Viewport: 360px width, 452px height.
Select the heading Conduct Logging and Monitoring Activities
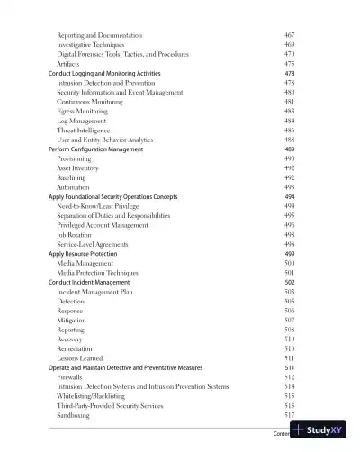(x=104, y=73)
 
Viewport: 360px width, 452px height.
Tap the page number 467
(x=289, y=34)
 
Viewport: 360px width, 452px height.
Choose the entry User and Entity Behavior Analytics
(x=112, y=140)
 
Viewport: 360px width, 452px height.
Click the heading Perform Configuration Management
(x=95, y=149)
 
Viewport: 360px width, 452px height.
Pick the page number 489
(x=289, y=149)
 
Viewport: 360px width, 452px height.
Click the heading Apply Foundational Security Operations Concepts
(x=112, y=196)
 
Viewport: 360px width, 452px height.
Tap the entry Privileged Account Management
(x=103, y=225)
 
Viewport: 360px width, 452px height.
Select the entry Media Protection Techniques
(x=97, y=272)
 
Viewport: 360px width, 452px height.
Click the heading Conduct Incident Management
(x=89, y=282)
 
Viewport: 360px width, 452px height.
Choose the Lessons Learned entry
(x=81, y=357)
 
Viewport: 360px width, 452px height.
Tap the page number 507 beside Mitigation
(x=289, y=320)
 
